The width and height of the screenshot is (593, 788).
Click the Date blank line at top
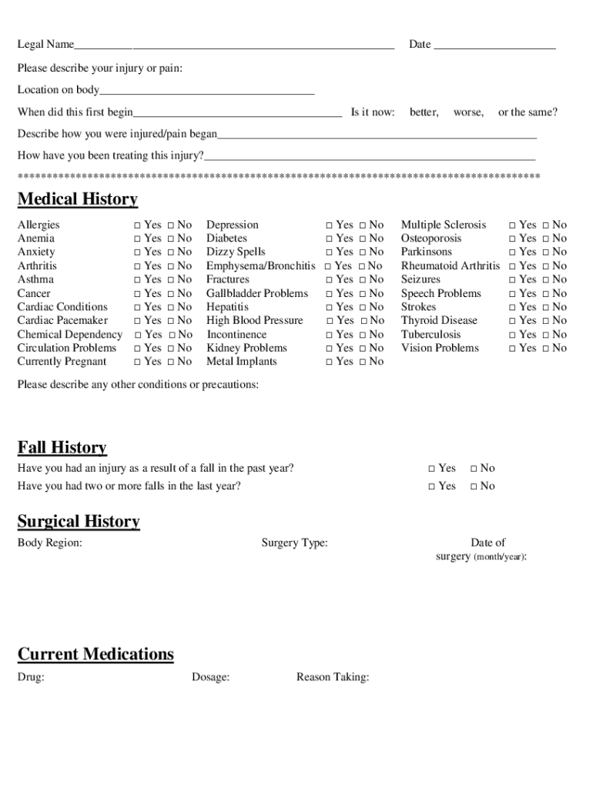[494, 46]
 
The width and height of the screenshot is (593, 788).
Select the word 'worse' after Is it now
[468, 112]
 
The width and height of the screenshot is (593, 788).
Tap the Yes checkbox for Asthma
[137, 280]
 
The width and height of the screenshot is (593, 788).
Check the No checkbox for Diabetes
[363, 239]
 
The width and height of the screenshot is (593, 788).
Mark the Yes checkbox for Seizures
[512, 280]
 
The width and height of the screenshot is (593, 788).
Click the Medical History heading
[78, 200]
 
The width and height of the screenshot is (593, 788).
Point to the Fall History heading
[62, 448]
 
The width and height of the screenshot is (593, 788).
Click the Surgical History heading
[79, 522]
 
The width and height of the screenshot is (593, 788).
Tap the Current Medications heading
[95, 654]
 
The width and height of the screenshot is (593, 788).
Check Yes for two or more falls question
[431, 486]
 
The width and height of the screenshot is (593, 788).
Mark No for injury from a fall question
[474, 469]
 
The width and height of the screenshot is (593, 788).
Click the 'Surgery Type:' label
[294, 543]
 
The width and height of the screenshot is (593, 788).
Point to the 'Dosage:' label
[210, 677]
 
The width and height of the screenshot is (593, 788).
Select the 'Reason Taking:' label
[333, 677]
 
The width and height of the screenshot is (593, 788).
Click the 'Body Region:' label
[50, 543]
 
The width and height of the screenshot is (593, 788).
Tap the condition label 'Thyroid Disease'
[439, 321]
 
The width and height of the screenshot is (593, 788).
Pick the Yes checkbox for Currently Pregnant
[137, 362]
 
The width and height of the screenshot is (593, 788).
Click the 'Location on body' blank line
[207, 91]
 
